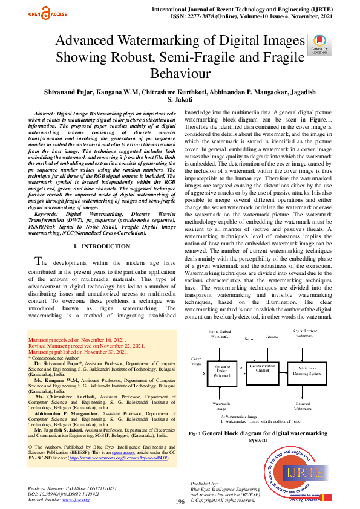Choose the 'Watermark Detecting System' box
tap(309, 371)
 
